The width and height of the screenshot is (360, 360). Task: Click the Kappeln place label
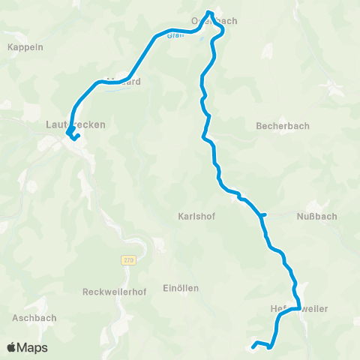[x=25, y=46]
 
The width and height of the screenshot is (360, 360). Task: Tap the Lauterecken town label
[x=75, y=124]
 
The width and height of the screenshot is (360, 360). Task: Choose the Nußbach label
[x=316, y=216]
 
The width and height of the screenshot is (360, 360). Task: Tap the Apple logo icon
[x=12, y=347]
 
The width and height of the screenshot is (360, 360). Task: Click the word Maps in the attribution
[x=33, y=347]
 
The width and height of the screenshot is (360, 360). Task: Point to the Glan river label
[x=175, y=35]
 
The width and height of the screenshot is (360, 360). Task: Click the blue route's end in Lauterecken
[x=77, y=136]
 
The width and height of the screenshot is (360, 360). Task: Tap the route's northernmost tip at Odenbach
[x=209, y=12]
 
